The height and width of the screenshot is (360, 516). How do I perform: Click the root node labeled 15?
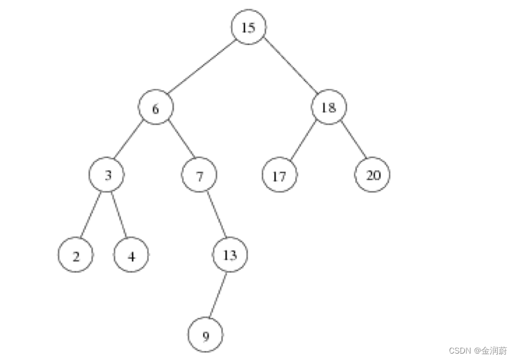point(249,27)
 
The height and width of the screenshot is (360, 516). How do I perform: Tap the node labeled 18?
point(328,107)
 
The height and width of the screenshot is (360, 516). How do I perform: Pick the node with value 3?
point(108,175)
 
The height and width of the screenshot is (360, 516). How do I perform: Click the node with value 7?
point(199,175)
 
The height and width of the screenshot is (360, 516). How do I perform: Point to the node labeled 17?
point(280,175)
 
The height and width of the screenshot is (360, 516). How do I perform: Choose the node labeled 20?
point(372,175)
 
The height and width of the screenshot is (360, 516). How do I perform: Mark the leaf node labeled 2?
point(76,255)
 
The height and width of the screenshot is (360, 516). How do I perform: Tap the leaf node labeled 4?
point(132,255)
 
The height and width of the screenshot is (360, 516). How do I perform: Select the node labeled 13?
point(229,255)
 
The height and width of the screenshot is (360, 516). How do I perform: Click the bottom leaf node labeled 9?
point(205,335)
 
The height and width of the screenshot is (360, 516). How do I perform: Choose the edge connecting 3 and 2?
point(91,215)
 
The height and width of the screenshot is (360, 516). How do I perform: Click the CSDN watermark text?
point(478,350)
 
